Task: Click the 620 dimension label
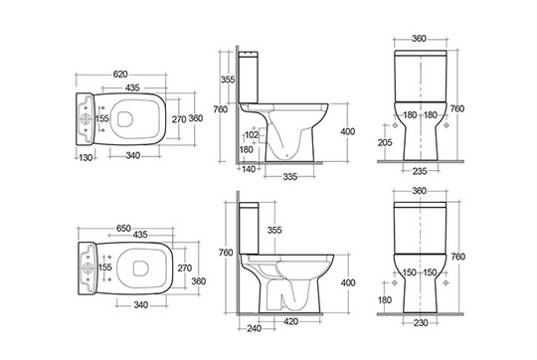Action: pos(120,74)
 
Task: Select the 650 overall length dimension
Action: pos(123,228)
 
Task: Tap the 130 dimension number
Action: pos(86,157)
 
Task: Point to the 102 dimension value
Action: pos(252,135)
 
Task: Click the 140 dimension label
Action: pos(249,168)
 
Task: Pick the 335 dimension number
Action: pos(290,177)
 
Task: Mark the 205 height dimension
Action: pos(385,142)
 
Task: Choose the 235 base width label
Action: pos(420,171)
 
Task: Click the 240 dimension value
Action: pos(255,328)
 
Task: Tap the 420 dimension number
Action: pos(290,321)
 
